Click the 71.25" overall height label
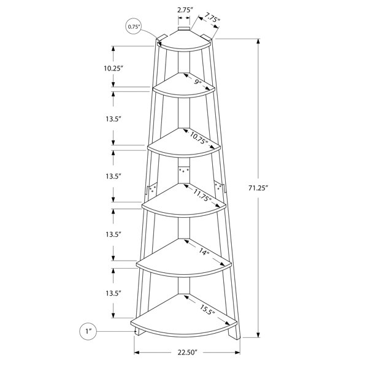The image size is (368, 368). [258, 188]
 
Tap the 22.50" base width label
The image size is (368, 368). [187, 353]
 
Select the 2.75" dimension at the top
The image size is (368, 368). [185, 10]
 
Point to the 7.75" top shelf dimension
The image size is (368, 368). [212, 18]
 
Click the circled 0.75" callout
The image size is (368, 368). [134, 26]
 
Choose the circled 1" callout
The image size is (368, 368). [88, 331]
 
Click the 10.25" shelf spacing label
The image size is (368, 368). [113, 68]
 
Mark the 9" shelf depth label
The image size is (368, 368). [197, 82]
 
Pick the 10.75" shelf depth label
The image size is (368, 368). [199, 138]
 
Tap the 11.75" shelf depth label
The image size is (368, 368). [202, 195]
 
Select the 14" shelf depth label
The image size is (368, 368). [204, 252]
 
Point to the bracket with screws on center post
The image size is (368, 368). [184, 171]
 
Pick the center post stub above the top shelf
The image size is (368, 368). [184, 29]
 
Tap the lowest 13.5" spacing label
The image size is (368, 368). [113, 293]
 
